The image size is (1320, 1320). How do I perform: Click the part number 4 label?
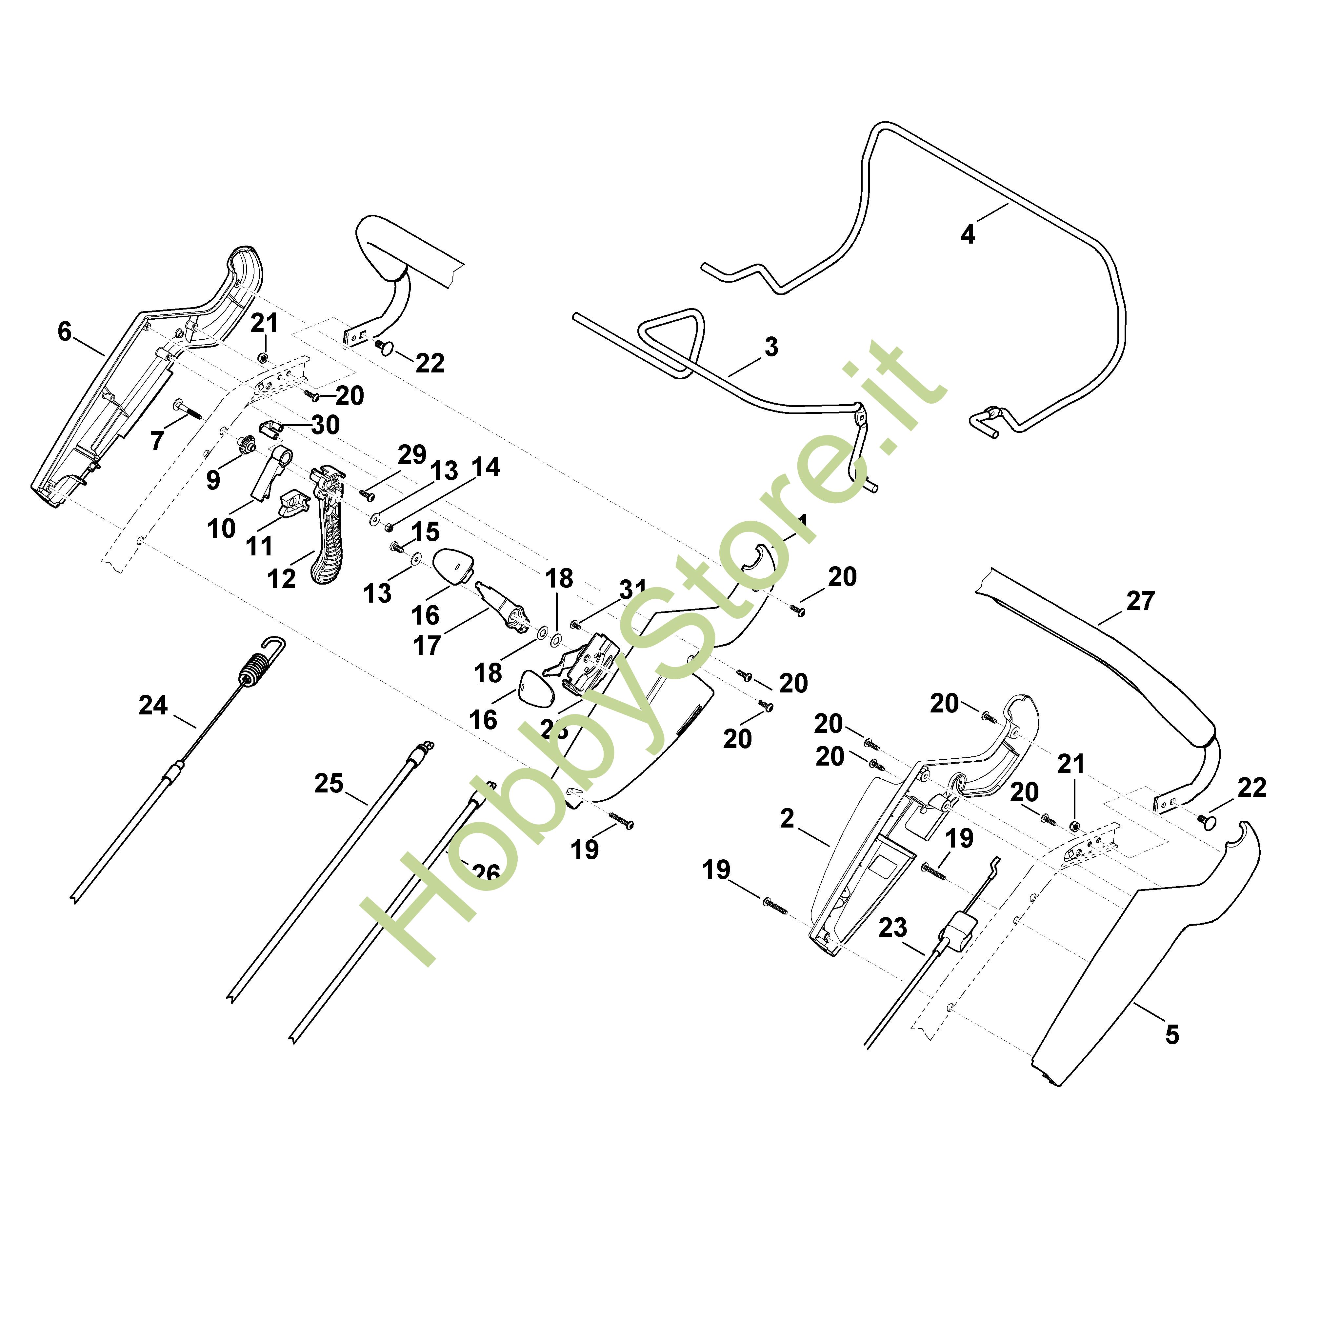click(968, 234)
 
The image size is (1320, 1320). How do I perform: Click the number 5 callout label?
click(1172, 1035)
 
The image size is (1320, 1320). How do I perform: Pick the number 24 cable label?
click(153, 705)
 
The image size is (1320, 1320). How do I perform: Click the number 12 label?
click(282, 579)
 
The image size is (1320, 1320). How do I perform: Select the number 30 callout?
click(325, 425)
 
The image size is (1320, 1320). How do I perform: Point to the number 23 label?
click(892, 927)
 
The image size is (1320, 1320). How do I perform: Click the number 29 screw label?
click(412, 454)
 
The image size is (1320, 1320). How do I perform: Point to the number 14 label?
click(486, 467)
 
